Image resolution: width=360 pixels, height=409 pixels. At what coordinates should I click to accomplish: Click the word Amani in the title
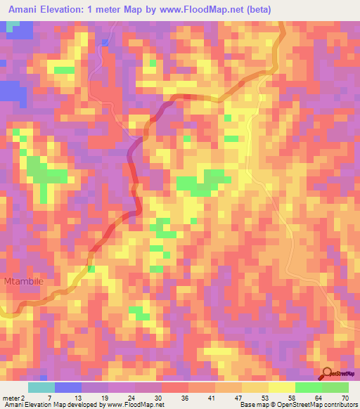[26, 9]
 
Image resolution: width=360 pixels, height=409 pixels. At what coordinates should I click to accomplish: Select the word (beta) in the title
[255, 9]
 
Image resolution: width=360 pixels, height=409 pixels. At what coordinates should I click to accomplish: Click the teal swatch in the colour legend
[41, 387]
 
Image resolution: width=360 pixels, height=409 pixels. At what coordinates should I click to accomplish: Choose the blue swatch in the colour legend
[68, 387]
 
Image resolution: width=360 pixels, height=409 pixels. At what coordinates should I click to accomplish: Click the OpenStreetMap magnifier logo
[327, 373]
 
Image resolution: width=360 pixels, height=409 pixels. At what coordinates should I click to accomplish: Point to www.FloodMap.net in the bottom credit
[141, 405]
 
